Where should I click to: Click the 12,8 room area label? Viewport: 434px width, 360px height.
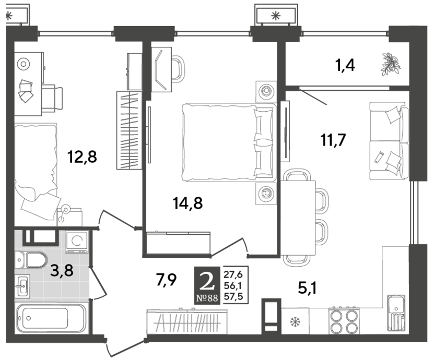pyautogui.click(x=82, y=157)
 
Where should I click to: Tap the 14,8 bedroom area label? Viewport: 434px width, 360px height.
pyautogui.click(x=187, y=203)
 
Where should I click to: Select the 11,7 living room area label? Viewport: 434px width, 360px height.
pyautogui.click(x=333, y=140)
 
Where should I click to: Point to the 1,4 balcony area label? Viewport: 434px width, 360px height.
pyautogui.click(x=345, y=66)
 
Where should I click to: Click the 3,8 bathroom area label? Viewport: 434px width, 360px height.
pyautogui.click(x=62, y=270)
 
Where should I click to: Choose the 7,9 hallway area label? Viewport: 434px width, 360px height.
pyautogui.click(x=166, y=280)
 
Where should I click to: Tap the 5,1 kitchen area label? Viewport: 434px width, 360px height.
pyautogui.click(x=307, y=289)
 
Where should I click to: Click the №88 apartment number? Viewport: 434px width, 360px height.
pyautogui.click(x=207, y=298)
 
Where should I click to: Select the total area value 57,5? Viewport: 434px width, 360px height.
pyautogui.click(x=233, y=297)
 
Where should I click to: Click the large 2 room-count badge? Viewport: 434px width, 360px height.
pyautogui.click(x=207, y=281)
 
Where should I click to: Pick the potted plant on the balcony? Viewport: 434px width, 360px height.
pyautogui.click(x=391, y=65)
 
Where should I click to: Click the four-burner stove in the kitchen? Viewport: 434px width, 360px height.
pyautogui.click(x=344, y=321)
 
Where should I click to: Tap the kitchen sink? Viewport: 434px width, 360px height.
pyautogui.click(x=396, y=313)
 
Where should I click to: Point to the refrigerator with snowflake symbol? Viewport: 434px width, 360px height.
pyautogui.click(x=295, y=321)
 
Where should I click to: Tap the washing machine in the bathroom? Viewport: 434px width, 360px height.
pyautogui.click(x=77, y=242)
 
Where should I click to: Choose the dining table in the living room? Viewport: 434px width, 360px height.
pyautogui.click(x=298, y=218)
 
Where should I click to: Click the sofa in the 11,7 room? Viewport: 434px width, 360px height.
pyautogui.click(x=389, y=140)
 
